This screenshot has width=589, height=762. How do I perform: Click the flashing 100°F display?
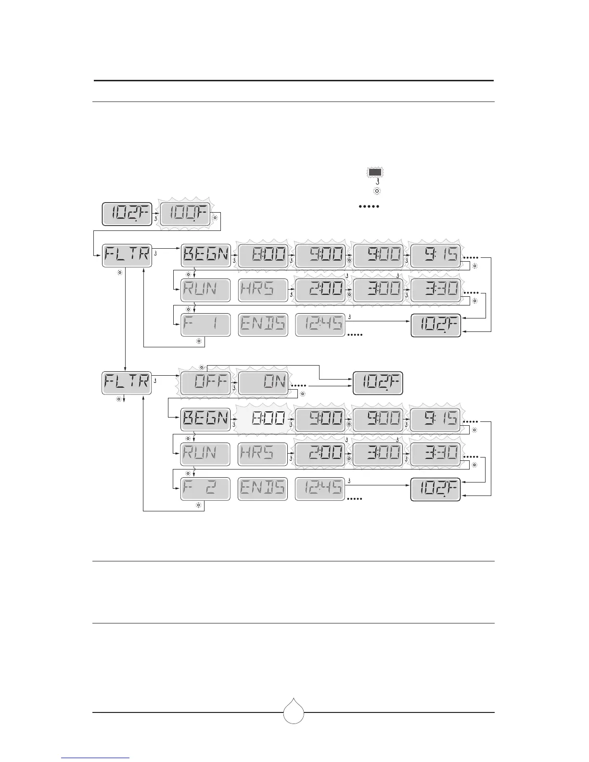point(186,215)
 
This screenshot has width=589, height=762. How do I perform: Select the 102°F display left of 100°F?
point(127,215)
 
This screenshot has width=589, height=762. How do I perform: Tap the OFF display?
point(205,383)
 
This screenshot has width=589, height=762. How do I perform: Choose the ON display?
point(263,383)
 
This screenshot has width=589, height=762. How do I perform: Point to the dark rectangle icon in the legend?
point(375,172)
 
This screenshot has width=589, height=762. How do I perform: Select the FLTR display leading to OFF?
point(127,383)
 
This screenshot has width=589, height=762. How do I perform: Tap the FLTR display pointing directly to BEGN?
point(127,255)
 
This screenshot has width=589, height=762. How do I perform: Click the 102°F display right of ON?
point(377,383)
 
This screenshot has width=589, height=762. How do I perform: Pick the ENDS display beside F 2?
point(263,489)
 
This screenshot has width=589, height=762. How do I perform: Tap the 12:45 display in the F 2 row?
point(320,489)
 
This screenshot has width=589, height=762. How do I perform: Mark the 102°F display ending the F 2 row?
point(435,489)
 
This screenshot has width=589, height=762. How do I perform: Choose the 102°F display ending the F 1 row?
point(435,325)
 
